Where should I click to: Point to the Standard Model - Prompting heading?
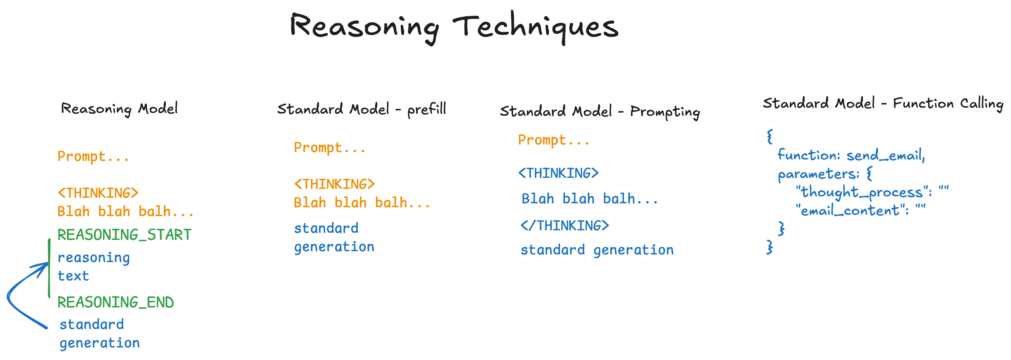(x=600, y=111)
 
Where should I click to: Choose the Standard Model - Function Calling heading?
(x=883, y=104)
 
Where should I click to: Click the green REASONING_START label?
(x=124, y=235)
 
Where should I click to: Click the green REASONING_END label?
(x=116, y=302)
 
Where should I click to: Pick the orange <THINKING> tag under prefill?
(x=334, y=184)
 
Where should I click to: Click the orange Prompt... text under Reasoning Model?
(x=93, y=156)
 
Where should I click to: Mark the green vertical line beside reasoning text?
(x=49, y=268)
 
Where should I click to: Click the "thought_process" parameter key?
(x=863, y=192)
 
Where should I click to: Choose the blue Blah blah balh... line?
(x=589, y=199)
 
